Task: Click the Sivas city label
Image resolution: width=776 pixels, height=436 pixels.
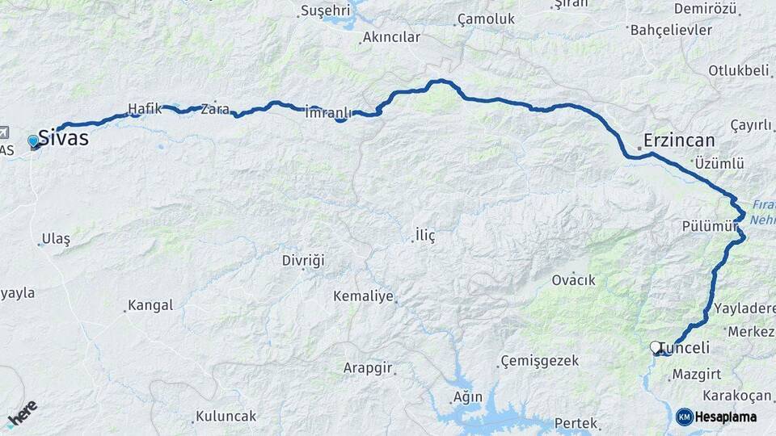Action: pos(64,138)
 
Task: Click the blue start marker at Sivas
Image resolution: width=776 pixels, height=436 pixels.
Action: pos(33,141)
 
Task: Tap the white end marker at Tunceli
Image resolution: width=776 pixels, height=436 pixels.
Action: pos(656,347)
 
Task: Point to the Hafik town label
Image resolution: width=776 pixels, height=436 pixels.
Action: pos(145,108)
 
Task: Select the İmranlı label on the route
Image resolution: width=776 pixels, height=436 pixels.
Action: pos(326,113)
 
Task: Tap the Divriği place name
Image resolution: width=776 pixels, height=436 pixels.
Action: pos(303,260)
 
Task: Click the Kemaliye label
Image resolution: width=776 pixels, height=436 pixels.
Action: pos(363,296)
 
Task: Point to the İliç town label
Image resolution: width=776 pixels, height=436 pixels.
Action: pos(425,235)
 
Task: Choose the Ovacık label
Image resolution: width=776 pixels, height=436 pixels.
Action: pos(573,280)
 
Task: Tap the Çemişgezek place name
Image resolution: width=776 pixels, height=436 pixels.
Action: pos(539,360)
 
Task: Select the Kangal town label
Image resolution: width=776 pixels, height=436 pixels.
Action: pos(152,305)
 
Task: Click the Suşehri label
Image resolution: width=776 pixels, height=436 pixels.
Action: pos(325,10)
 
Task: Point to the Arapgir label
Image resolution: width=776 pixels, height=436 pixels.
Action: pos(368,367)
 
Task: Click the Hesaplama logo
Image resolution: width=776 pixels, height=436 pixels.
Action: pos(717,417)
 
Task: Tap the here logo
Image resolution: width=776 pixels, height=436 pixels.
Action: pos(22,413)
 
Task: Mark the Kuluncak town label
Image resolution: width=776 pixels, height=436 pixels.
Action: pos(226,416)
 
